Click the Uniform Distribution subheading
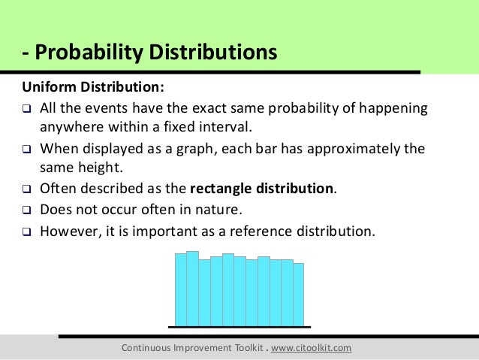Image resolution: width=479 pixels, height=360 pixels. pyautogui.click(x=92, y=84)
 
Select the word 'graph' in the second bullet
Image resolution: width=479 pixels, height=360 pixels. pyautogui.click(x=185, y=148)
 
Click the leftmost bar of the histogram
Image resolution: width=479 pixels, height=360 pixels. pyautogui.click(x=180, y=289)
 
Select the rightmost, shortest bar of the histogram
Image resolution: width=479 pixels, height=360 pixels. pyautogui.click(x=298, y=294)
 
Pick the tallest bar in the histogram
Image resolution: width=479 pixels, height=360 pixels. pyautogui.click(x=192, y=288)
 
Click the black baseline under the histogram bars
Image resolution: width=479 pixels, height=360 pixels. pyautogui.click(x=239, y=327)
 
